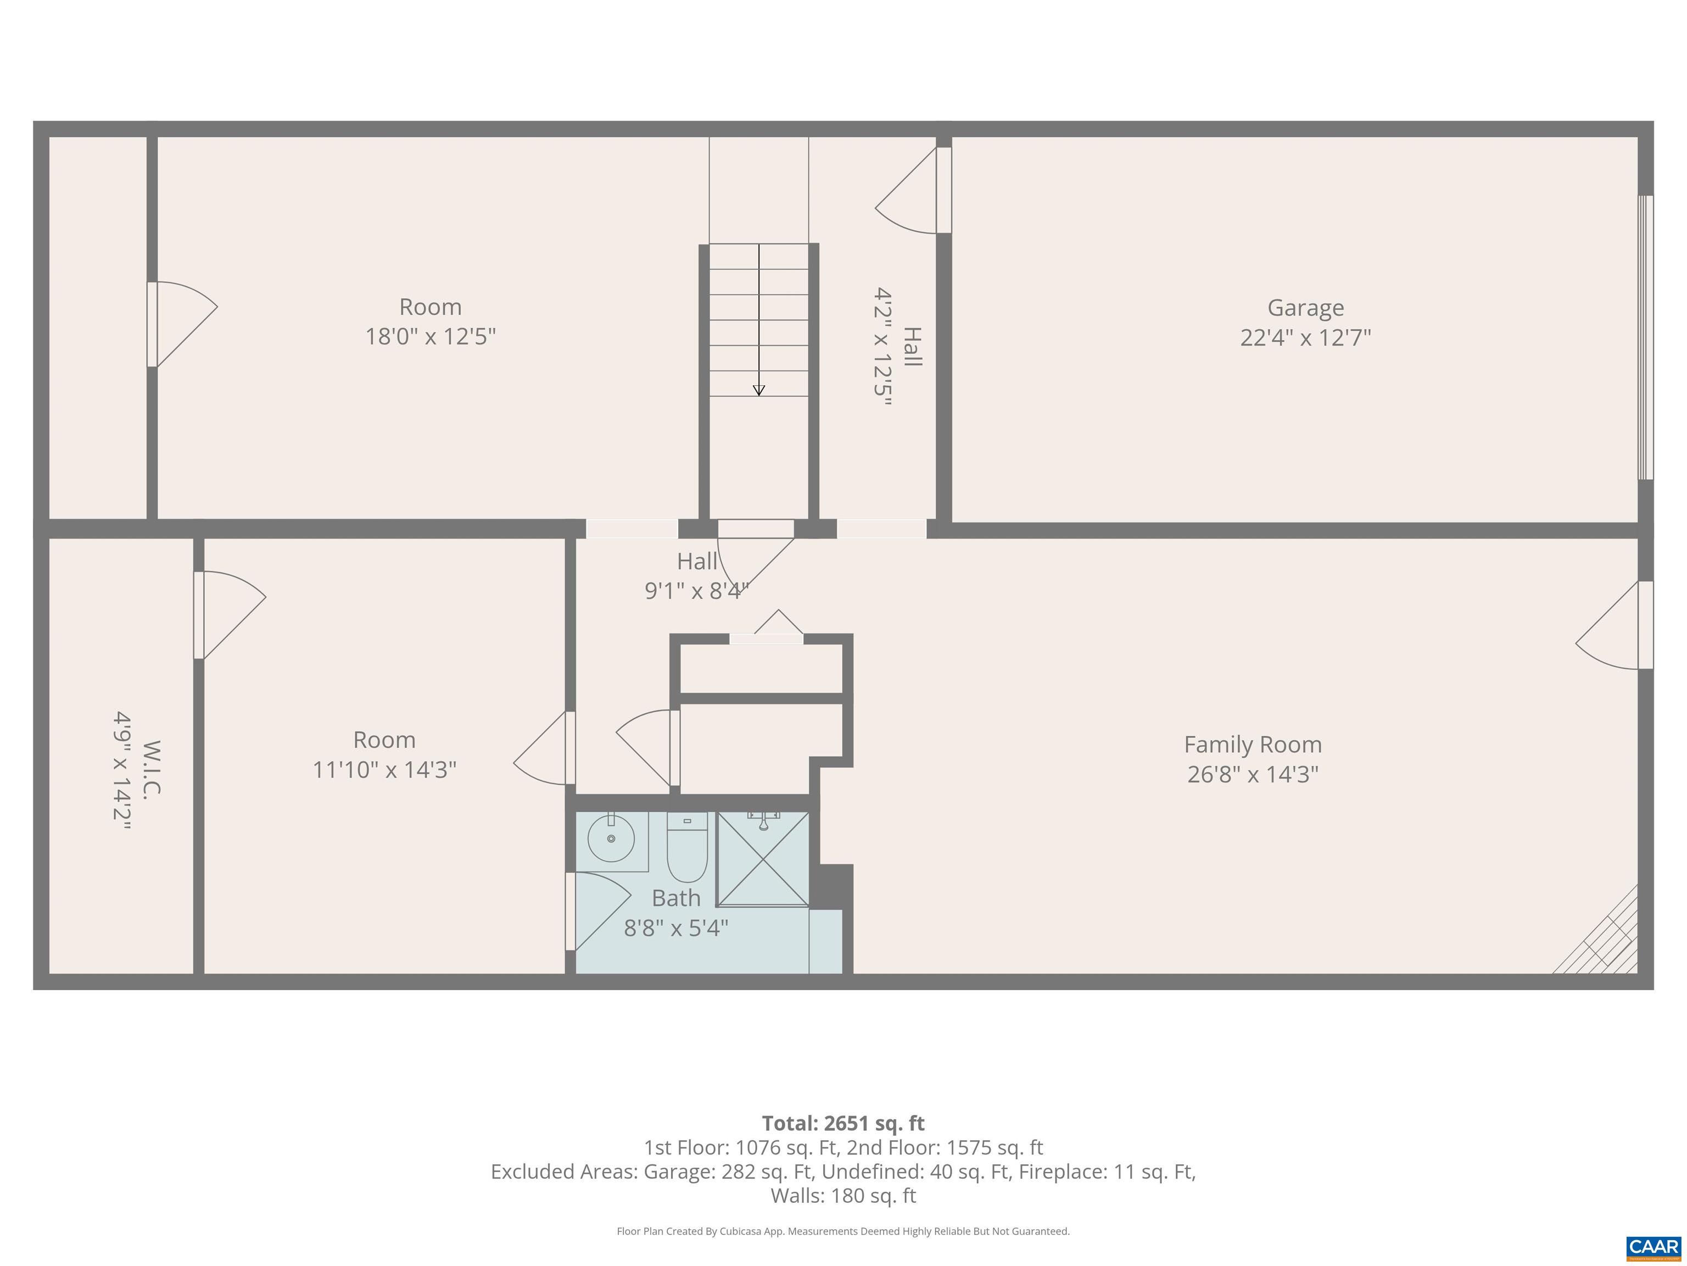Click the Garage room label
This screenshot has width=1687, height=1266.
tap(1305, 308)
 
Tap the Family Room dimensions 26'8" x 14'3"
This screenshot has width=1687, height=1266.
tap(1252, 774)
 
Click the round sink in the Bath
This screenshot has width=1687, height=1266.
tap(611, 838)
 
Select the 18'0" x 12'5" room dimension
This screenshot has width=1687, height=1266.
tap(430, 336)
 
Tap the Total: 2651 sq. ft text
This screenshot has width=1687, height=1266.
tap(843, 1123)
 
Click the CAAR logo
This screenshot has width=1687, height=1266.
tap(1653, 1247)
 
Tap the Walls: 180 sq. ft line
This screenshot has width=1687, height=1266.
tap(843, 1196)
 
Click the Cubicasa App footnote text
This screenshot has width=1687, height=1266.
tap(843, 1231)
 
